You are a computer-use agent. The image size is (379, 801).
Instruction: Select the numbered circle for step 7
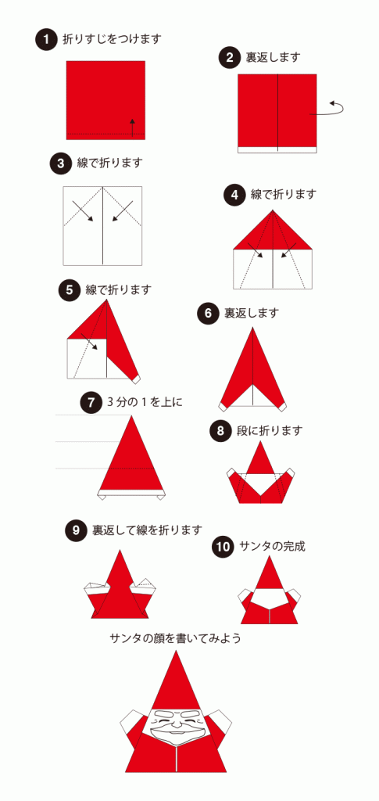click(91, 403)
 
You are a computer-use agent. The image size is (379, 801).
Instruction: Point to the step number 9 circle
click(76, 530)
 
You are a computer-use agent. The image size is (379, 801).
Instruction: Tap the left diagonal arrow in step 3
click(81, 210)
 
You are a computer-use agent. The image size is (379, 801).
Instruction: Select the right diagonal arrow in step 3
click(120, 210)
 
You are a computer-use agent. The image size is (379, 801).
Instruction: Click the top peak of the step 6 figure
click(252, 330)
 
